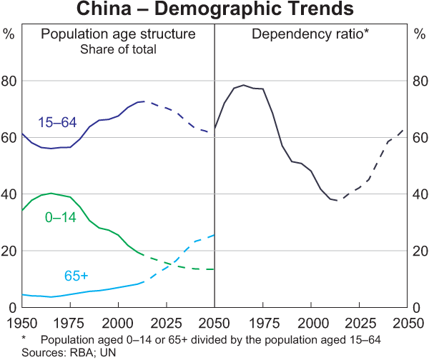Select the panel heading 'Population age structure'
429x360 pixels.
click(118, 34)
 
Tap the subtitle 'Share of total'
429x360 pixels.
click(118, 49)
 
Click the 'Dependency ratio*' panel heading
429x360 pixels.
click(310, 34)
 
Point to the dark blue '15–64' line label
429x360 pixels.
click(57, 122)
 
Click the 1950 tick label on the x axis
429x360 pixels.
click(22, 321)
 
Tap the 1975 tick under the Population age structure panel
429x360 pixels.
click(71, 321)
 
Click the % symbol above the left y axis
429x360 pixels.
click(9, 34)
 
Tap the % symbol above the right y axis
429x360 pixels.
click(420, 34)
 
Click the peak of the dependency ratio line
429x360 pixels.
click(244, 85)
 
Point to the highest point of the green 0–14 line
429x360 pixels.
click(51, 194)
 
